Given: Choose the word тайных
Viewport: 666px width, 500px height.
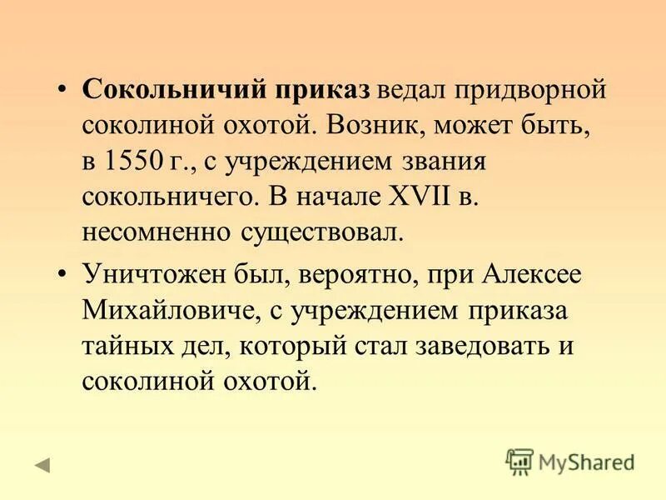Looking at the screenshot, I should (124, 347).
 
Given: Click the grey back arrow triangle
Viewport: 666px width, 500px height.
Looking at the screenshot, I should (42, 464).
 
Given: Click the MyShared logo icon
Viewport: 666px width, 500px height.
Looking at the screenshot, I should (519, 461).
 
